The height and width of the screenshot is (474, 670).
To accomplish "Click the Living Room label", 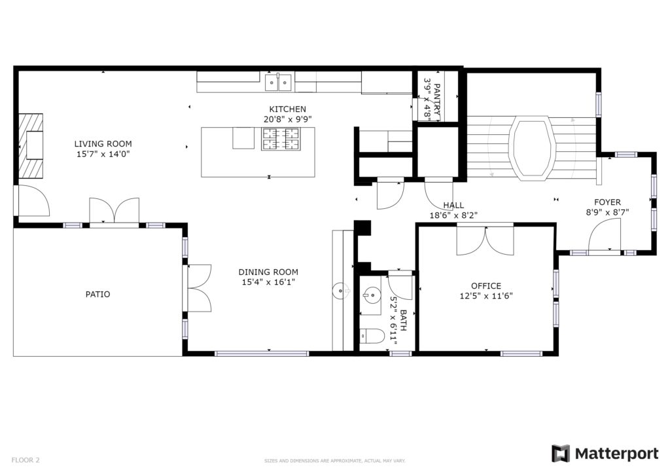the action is coord(103,143).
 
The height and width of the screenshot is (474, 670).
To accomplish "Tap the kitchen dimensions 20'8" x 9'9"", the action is coord(288,119).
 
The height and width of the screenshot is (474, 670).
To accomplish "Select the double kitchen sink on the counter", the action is coord(278,82).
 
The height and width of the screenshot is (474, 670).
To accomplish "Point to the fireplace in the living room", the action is coord(31,145).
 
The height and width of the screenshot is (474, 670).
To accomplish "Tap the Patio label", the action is coord(98,294).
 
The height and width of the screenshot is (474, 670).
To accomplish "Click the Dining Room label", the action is coord(268,272).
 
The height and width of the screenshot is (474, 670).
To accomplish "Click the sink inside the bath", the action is coord(371,295).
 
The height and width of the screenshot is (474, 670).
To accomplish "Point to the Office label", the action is coord(486,285).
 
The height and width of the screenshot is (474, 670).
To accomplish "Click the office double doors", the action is coord(485,240).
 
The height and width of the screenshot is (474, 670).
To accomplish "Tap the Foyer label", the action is coord(607,202).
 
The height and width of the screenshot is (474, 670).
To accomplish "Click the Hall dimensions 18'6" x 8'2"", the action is coord(453,215).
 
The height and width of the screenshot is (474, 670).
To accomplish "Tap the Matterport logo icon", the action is coord(561,454).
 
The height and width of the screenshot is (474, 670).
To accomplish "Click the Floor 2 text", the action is coord(26,460).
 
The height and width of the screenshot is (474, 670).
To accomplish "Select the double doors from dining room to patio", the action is coord(198,289).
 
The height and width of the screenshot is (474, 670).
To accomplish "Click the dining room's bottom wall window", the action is coord(262,354).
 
